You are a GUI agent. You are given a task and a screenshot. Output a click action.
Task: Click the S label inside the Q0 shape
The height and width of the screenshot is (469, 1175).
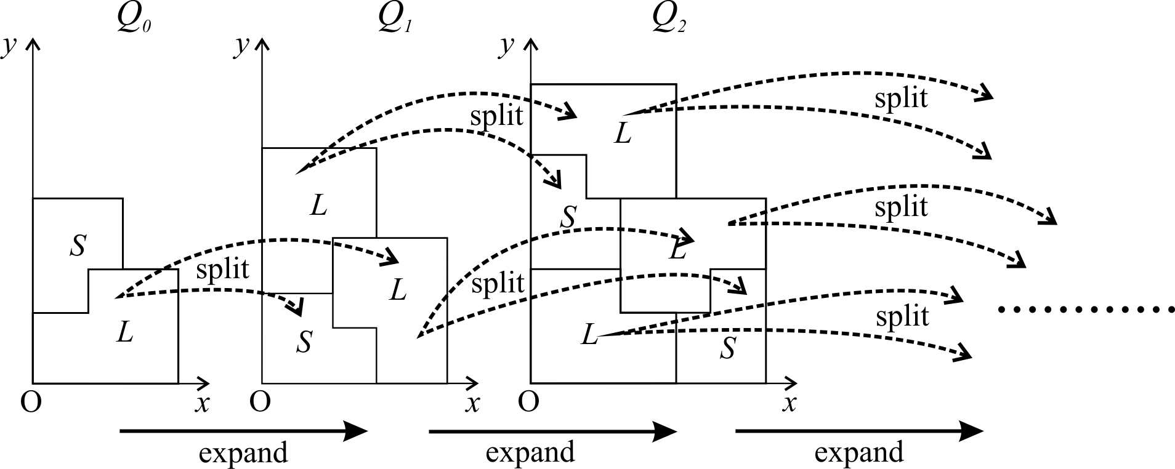click(x=78, y=246)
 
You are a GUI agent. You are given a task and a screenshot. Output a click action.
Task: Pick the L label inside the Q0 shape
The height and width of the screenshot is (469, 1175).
click(x=125, y=333)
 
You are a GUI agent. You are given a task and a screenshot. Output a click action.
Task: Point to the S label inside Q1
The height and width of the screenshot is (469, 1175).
click(x=304, y=342)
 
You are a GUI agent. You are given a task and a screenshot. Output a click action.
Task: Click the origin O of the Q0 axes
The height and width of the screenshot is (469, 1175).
click(x=31, y=403)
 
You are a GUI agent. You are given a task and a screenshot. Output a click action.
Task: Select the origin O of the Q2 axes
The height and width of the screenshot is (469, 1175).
click(x=528, y=403)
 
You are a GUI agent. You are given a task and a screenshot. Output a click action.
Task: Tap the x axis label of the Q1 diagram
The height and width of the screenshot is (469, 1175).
click(x=472, y=404)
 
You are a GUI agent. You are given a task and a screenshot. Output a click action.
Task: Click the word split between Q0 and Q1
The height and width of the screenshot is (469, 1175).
click(x=222, y=270)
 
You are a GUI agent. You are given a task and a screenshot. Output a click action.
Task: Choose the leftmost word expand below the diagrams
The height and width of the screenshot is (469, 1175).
click(x=244, y=453)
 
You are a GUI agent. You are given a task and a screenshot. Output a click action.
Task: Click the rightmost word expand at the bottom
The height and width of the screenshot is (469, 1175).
click(x=859, y=453)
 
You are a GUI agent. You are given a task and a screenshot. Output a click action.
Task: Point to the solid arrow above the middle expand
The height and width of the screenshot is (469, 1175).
click(x=552, y=431)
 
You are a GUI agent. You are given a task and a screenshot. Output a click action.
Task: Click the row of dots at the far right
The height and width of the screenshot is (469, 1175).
click(x=1086, y=310)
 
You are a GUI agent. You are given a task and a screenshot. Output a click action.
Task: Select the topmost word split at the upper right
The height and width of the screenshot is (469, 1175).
click(x=902, y=98)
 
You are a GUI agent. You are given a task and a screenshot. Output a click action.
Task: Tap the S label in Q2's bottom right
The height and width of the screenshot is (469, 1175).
click(x=728, y=349)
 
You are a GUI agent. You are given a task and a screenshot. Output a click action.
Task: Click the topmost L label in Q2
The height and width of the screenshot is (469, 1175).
click(x=623, y=134)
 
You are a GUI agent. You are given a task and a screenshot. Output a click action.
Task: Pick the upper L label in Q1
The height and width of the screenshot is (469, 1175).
click(x=318, y=206)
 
